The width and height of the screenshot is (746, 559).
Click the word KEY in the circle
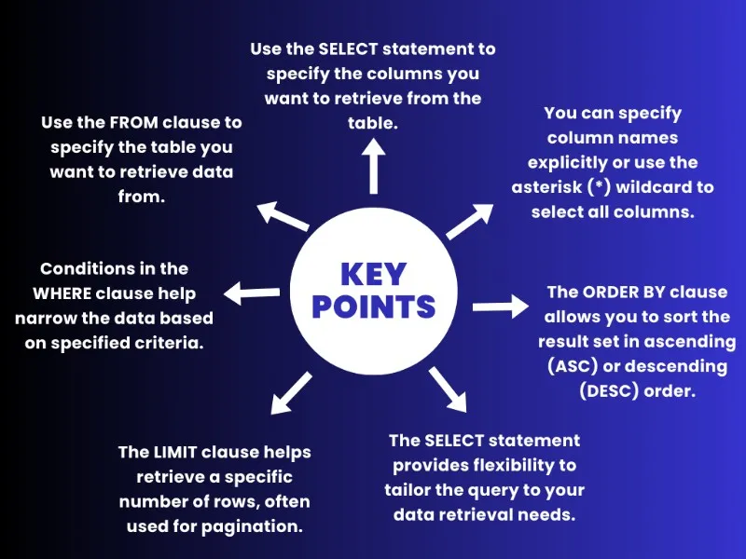(373, 274)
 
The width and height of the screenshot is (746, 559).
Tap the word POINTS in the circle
(373, 306)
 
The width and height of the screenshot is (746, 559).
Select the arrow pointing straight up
(374, 168)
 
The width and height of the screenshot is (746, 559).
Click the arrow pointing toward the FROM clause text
(282, 218)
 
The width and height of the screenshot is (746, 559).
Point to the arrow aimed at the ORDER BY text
(500, 306)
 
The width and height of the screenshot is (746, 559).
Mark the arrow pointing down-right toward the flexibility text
(448, 389)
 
